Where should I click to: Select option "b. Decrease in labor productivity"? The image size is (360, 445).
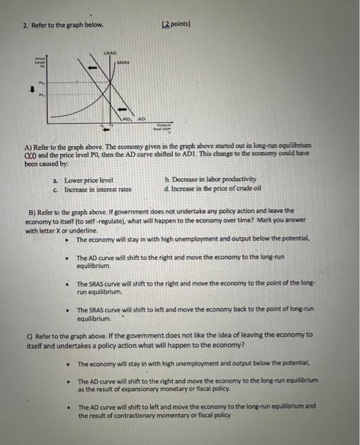click(210, 179)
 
